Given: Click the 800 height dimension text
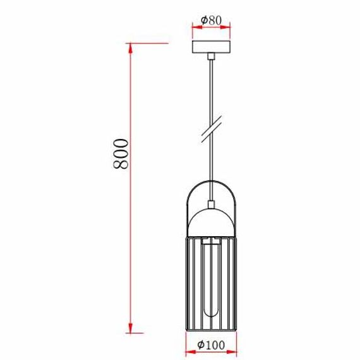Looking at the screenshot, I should click(x=122, y=153).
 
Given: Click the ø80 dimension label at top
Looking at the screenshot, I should click(x=211, y=20).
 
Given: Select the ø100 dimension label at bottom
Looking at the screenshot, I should click(x=210, y=345).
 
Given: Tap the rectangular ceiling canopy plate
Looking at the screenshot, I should click(x=211, y=49).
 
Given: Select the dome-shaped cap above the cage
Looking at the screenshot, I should click(x=211, y=221).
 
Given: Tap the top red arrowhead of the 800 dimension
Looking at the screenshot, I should click(x=131, y=46).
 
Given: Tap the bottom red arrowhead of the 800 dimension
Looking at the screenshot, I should click(x=131, y=330).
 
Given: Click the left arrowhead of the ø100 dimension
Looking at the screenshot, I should click(x=188, y=351).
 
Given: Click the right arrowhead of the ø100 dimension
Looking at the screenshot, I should click(x=234, y=351).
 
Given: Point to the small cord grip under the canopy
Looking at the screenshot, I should click(x=211, y=57).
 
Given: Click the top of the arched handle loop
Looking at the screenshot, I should click(x=211, y=181).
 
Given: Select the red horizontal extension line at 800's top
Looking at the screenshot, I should click(x=148, y=43).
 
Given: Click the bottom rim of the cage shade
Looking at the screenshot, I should click(x=211, y=332).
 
